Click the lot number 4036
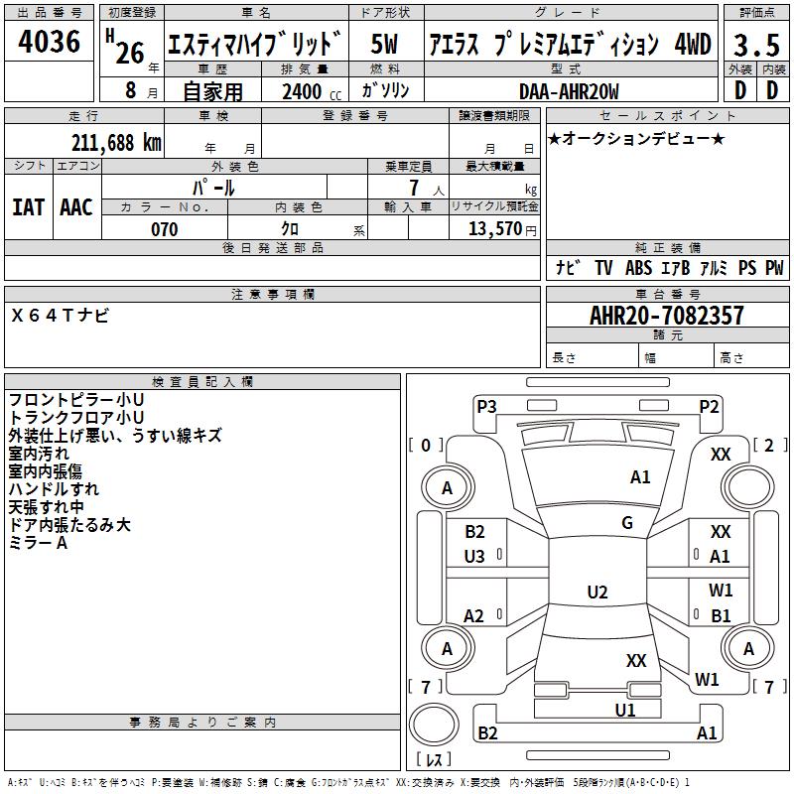tap(50, 42)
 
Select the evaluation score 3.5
tap(755, 46)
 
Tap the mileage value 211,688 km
tap(115, 142)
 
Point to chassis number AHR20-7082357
tap(666, 317)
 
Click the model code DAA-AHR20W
tap(569, 91)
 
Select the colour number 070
tap(164, 229)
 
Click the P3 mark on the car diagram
tap(486, 406)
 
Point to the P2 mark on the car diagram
tap(709, 406)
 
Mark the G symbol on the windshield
tap(626, 523)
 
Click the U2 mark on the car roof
tap(596, 593)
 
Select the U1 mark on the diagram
tap(624, 710)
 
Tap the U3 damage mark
tap(474, 557)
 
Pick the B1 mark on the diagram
tap(721, 615)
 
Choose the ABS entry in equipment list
tap(639, 268)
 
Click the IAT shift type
tap(28, 206)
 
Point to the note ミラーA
tap(38, 543)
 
